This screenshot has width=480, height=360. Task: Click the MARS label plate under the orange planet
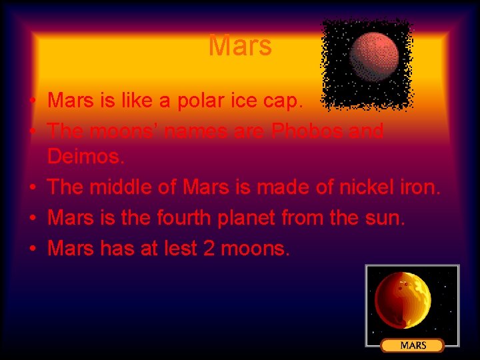(x=413, y=345)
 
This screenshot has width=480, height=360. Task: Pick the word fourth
(x=183, y=218)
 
